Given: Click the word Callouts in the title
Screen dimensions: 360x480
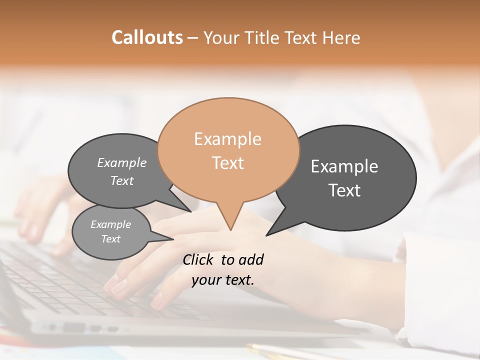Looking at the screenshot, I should point(147,37).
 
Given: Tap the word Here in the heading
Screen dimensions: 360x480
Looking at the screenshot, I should point(341,38).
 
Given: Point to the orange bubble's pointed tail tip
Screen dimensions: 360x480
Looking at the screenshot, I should point(230,229).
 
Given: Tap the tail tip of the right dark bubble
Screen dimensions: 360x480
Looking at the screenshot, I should point(267,235).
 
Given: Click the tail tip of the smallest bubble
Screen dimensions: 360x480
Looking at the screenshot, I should point(173,239).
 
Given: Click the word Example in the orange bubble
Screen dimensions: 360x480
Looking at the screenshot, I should point(227,139).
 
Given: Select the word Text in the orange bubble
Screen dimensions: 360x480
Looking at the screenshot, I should point(227,163).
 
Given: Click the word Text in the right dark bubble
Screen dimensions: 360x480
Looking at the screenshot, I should point(344,190).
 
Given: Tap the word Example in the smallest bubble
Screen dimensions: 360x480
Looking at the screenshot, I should point(110,224).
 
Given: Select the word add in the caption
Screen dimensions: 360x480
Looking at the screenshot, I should point(250,259).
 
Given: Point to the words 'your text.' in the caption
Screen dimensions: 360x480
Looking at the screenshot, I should point(222,280).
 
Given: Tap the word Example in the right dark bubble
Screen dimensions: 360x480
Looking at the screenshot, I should point(344,166).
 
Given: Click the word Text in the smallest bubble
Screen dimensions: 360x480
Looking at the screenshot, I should point(110,239).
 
